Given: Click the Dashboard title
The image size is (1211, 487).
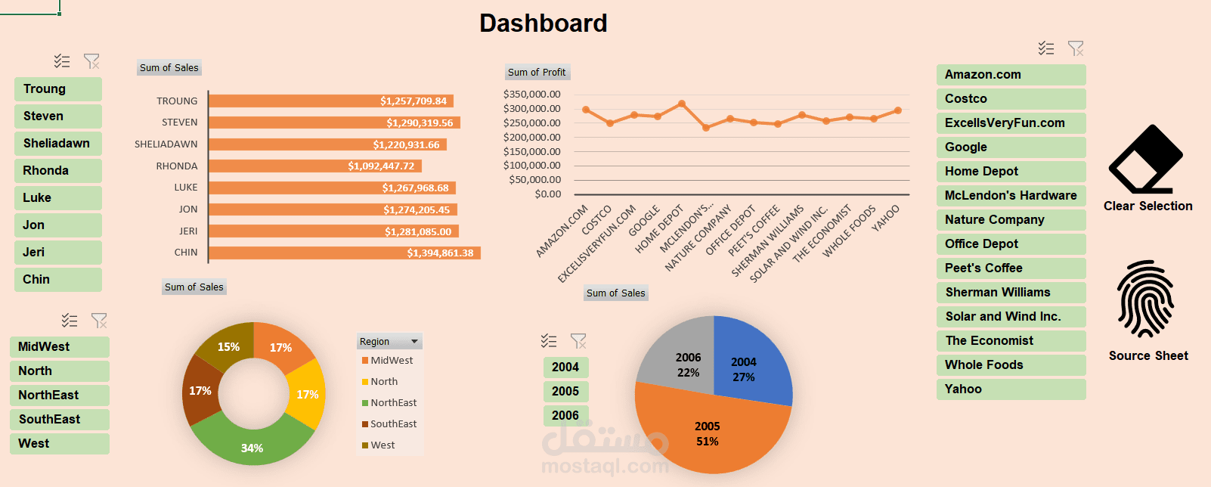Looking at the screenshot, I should click(x=543, y=23).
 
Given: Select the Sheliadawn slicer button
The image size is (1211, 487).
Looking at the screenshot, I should click(x=57, y=144).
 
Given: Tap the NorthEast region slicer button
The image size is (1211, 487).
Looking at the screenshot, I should click(x=59, y=395).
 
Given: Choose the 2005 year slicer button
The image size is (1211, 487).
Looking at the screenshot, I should click(x=565, y=392).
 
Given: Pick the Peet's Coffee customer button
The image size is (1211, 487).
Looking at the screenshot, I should click(x=1011, y=268).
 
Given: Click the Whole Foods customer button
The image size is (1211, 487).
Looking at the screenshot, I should click(x=1011, y=365).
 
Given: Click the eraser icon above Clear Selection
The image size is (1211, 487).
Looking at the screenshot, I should click(x=1145, y=160).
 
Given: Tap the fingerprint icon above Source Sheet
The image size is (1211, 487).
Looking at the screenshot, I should click(x=1146, y=299).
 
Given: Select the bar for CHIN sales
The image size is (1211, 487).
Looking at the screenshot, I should click(x=344, y=253).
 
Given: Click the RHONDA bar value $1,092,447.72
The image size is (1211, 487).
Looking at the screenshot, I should click(x=381, y=166).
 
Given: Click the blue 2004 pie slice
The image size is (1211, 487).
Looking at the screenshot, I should click(x=748, y=363).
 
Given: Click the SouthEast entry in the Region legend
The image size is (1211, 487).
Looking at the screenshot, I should click(x=393, y=424).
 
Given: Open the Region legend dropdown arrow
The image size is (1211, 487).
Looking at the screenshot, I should click(x=414, y=342).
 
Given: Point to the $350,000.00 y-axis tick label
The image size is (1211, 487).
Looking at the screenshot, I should click(x=531, y=95).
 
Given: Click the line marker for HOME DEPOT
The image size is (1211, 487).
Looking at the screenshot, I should click(x=682, y=104).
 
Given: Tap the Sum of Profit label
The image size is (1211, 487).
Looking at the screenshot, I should click(x=537, y=73).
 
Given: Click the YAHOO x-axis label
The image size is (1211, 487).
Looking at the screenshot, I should click(x=886, y=218).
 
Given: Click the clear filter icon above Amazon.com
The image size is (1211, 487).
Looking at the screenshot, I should click(x=1075, y=49).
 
